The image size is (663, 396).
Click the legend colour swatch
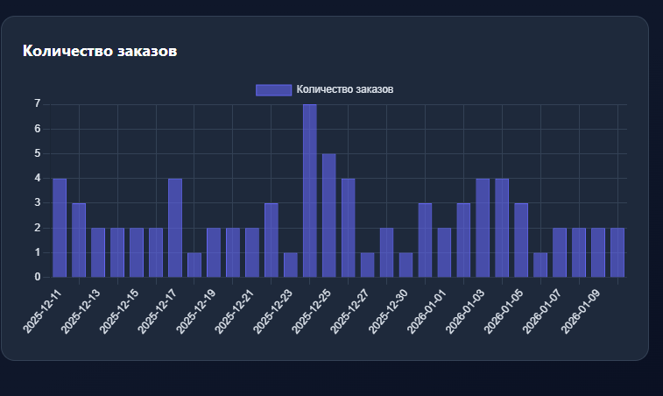pyautogui.click(x=272, y=89)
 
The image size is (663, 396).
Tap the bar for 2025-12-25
pyautogui.click(x=328, y=216)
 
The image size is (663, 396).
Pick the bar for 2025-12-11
pyautogui.click(x=60, y=228)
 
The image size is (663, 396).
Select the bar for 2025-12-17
pyautogui.click(x=175, y=228)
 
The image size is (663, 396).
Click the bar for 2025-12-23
pyautogui.click(x=290, y=265)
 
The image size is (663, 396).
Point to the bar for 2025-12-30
pyautogui.click(x=406, y=265)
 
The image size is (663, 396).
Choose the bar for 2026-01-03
pyautogui.click(x=483, y=228)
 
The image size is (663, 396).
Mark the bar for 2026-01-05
pyautogui.click(x=521, y=240)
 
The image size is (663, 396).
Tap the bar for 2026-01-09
pyautogui.click(x=598, y=252)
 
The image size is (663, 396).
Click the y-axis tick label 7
pyautogui.click(x=38, y=104)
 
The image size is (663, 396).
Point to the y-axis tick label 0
pyautogui.click(x=38, y=277)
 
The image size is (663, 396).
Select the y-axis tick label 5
pyautogui.click(x=38, y=153)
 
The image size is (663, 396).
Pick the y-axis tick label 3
pyautogui.click(x=38, y=203)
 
